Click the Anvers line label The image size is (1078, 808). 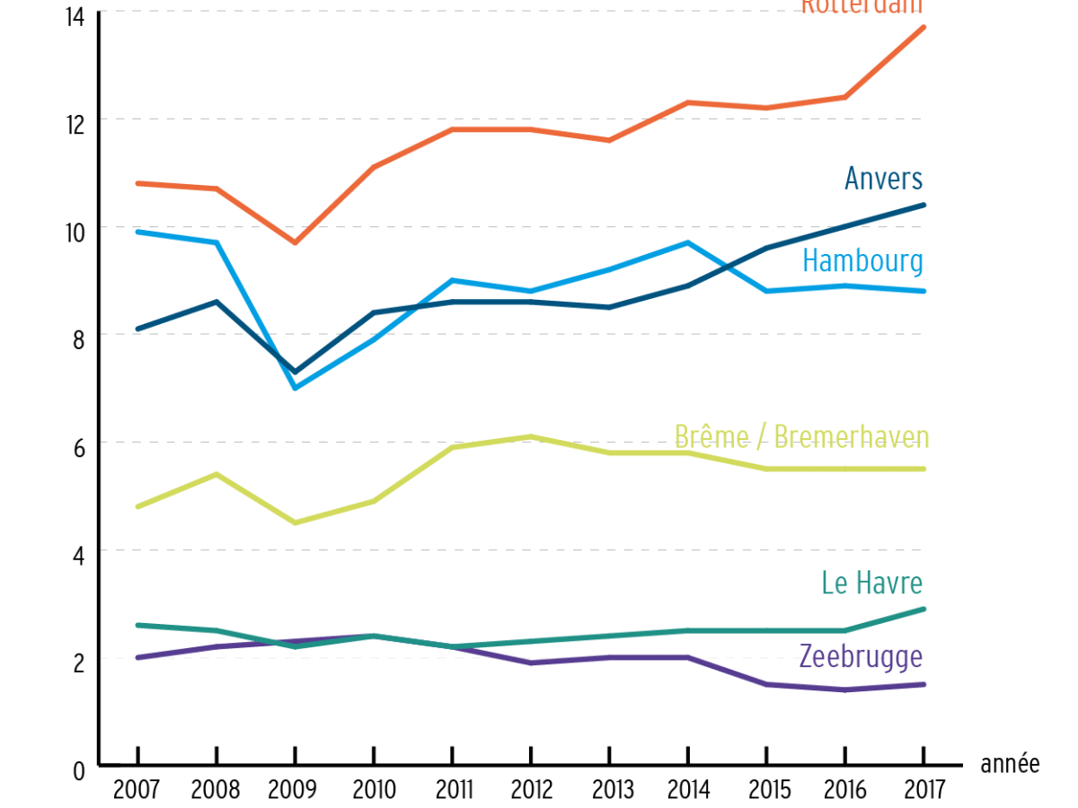point(883,179)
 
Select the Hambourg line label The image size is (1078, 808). point(862,261)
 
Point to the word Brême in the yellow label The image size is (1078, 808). point(711,437)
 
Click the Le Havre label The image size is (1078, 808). point(871,584)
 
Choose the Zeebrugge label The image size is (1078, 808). point(861,656)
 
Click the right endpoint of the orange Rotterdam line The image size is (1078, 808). point(923,27)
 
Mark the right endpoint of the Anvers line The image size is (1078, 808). point(923,206)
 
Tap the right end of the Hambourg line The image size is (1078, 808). point(923,291)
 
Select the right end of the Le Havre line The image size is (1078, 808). point(923,609)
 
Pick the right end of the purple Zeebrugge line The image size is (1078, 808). point(923,685)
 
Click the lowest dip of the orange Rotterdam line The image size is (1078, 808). point(295,242)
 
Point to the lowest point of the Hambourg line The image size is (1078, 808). point(295,388)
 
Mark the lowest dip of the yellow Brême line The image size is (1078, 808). point(295,523)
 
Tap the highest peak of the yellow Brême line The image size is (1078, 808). point(531,436)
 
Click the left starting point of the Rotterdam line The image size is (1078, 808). point(137,183)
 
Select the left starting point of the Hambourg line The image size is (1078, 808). point(137,232)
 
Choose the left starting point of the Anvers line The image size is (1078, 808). point(137,329)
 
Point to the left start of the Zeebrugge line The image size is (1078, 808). point(137,657)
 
